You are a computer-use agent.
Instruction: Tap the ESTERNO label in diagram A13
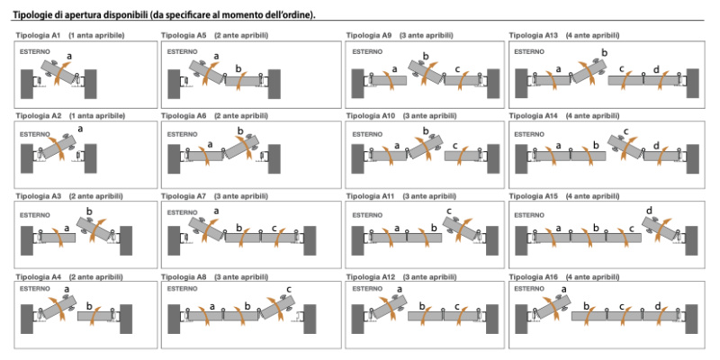point(529,52)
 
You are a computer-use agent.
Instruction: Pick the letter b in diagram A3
point(89,211)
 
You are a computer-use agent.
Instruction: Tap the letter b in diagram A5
point(238,67)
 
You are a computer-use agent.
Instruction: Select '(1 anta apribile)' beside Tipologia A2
point(96,116)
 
